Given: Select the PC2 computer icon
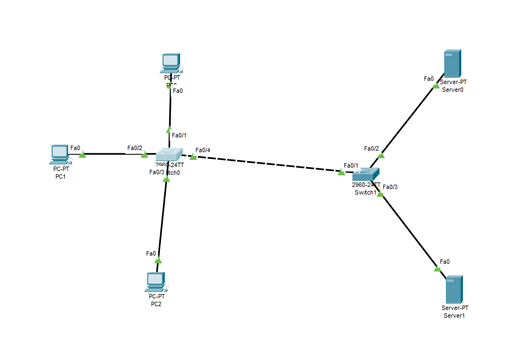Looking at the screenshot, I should pyautogui.click(x=156, y=282).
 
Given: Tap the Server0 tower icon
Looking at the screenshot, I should pyautogui.click(x=452, y=64).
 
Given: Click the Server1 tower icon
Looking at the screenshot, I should pyautogui.click(x=454, y=289).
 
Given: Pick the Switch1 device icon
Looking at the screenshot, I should pyautogui.click(x=366, y=175).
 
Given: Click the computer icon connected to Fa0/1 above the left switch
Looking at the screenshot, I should pyautogui.click(x=171, y=63).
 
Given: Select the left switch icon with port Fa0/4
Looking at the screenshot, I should pyautogui.click(x=168, y=155).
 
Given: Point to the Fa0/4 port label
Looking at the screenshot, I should pyautogui.click(x=203, y=150).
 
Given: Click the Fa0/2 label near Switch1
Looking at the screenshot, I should pyautogui.click(x=372, y=148).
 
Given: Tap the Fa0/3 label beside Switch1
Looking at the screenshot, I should pyautogui.click(x=390, y=187).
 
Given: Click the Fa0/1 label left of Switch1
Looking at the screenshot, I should pyautogui.click(x=351, y=165).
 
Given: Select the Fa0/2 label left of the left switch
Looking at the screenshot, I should pyautogui.click(x=135, y=148).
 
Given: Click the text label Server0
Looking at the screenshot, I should pyautogui.click(x=452, y=89).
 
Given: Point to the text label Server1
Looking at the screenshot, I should pyautogui.click(x=454, y=315).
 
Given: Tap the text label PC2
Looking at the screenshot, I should pyautogui.click(x=156, y=303).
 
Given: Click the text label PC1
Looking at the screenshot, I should pyautogui.click(x=60, y=176).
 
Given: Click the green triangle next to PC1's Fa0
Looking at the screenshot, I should pyautogui.click(x=82, y=155).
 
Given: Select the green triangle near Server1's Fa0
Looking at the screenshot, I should pyautogui.click(x=438, y=268).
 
